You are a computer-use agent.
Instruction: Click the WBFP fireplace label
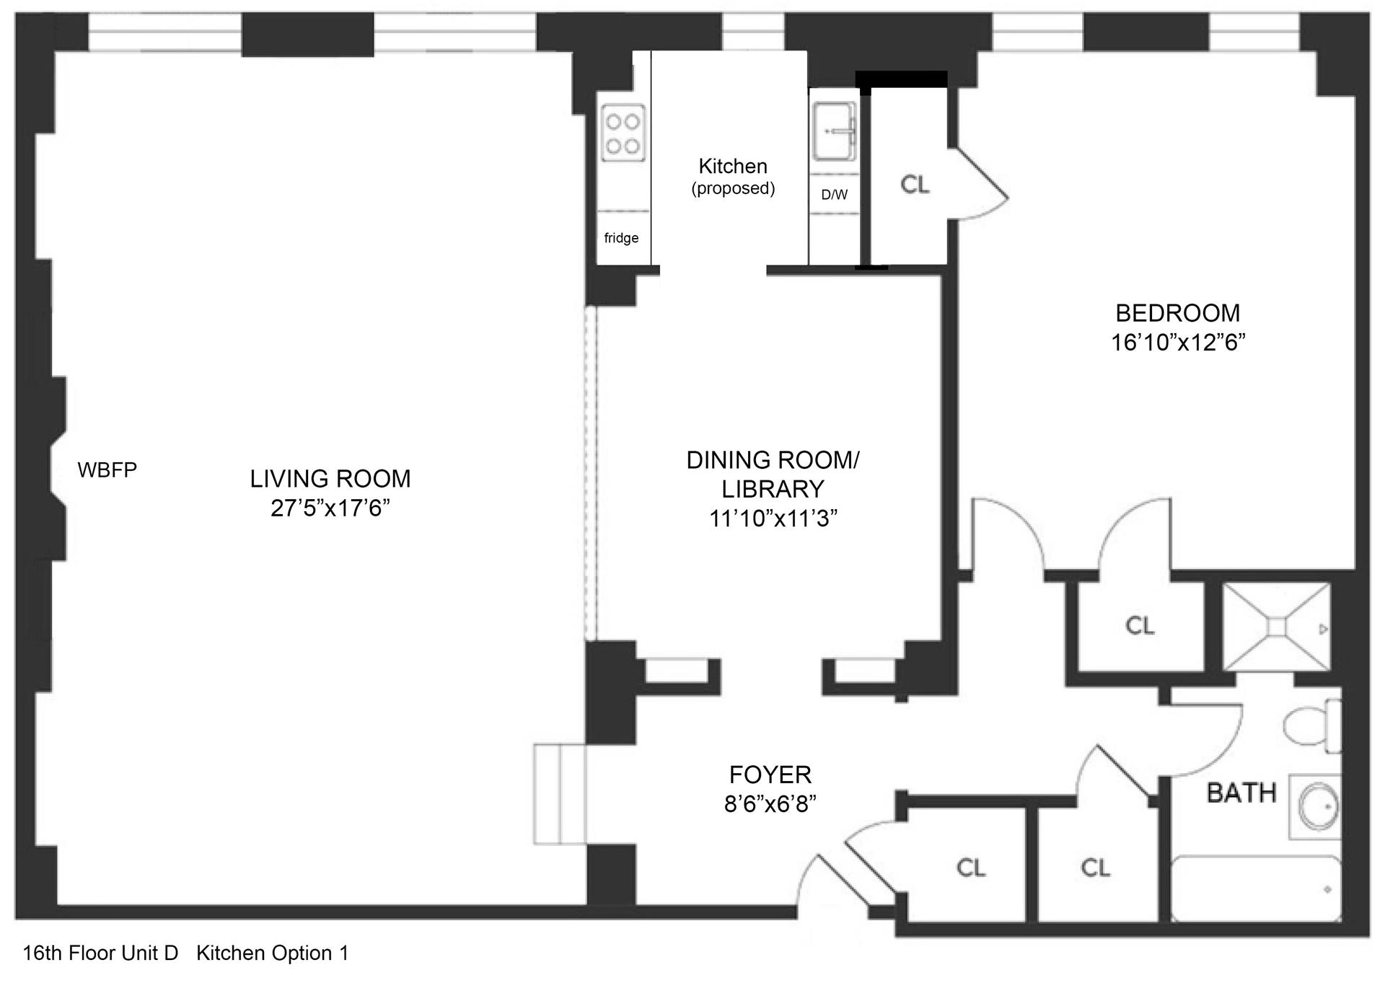click(107, 470)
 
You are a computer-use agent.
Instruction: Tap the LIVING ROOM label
click(330, 479)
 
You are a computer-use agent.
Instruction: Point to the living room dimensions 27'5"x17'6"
click(330, 508)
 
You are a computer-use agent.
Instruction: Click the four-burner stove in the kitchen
click(623, 133)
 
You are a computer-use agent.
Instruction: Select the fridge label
click(621, 238)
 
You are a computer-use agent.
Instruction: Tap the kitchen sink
click(834, 131)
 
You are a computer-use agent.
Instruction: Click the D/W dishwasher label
click(835, 195)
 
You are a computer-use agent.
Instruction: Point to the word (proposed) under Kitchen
click(733, 189)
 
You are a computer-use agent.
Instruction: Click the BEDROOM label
click(1178, 313)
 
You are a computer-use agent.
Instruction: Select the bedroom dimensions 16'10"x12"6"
click(1178, 342)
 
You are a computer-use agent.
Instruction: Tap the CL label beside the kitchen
click(915, 185)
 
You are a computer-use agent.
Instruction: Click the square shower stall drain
click(1276, 627)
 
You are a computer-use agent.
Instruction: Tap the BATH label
click(1241, 793)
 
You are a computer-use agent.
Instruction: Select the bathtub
click(1256, 888)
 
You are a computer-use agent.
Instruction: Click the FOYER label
click(770, 775)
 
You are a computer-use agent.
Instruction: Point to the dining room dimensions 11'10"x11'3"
click(773, 519)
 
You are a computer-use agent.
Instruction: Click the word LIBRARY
click(773, 489)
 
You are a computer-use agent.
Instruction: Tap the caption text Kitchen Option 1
click(273, 953)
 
